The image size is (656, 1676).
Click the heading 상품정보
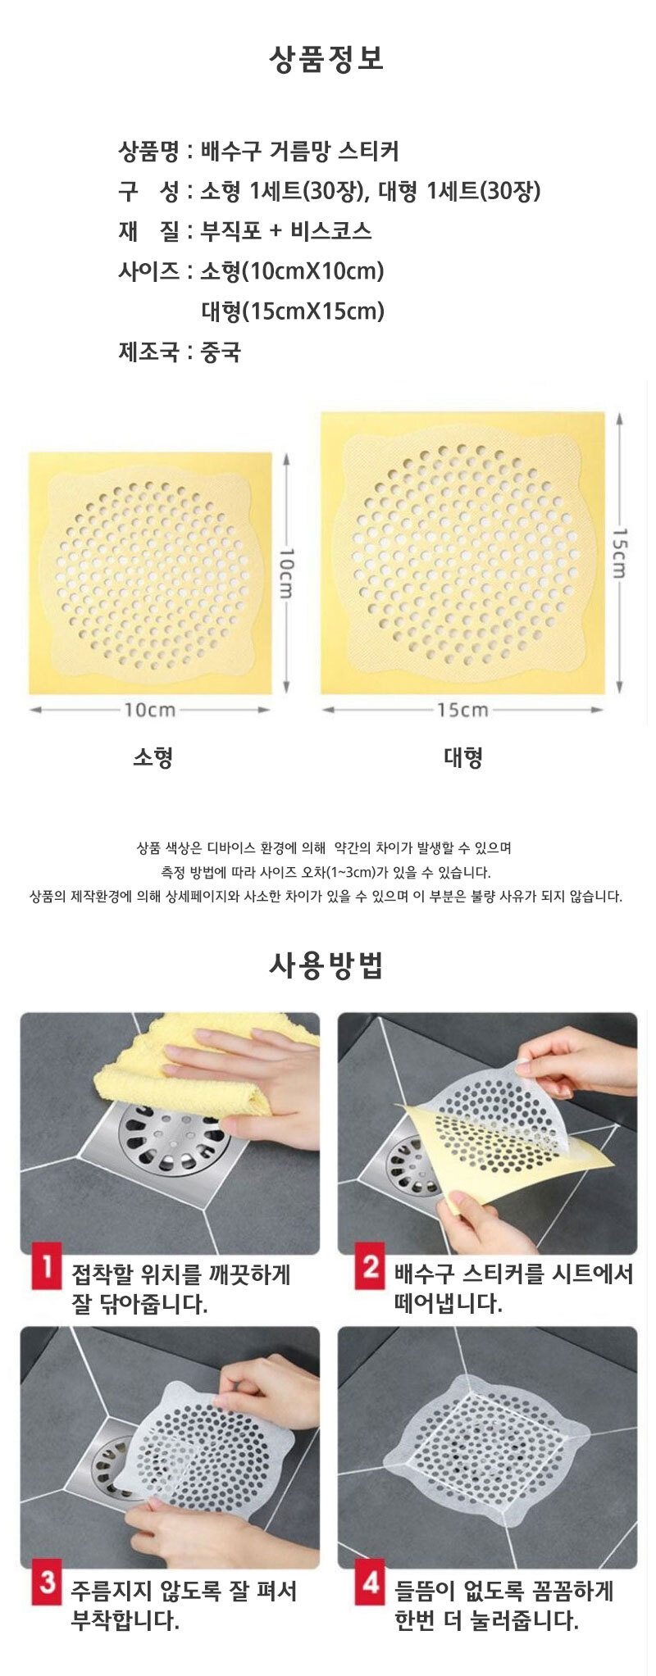(x=326, y=59)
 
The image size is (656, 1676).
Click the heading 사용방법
(x=326, y=966)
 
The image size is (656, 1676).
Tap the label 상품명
(x=148, y=151)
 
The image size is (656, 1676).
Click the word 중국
(x=221, y=352)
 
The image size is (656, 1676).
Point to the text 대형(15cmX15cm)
(x=293, y=311)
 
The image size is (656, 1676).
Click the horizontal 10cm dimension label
(x=150, y=710)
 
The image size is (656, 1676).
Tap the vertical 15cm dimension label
(x=619, y=553)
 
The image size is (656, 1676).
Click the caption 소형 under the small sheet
(x=153, y=757)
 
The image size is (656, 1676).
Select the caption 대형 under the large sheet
(x=463, y=757)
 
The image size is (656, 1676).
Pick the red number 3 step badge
(x=47, y=1582)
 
